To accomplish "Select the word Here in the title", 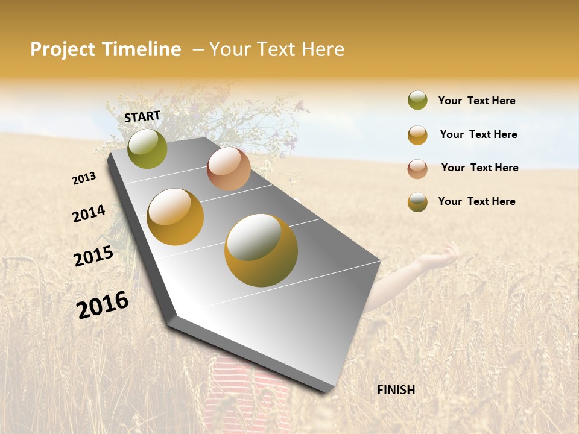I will (323, 49).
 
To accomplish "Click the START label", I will (142, 116).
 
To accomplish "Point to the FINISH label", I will (396, 390).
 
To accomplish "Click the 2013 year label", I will (84, 178).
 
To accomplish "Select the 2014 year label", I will (89, 213).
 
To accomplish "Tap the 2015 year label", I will (93, 256).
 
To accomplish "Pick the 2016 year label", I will (103, 304).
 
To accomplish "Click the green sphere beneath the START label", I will (147, 148).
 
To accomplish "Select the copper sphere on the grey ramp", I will (229, 169).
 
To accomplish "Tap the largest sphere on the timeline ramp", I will (261, 250).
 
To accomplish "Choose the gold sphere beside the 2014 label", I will (176, 217).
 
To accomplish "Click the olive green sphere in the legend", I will (417, 100).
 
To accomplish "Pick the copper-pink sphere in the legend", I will (417, 169).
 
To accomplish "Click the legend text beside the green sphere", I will (476, 101).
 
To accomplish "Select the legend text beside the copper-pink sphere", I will (479, 168).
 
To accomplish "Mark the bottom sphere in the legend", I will (417, 203).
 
